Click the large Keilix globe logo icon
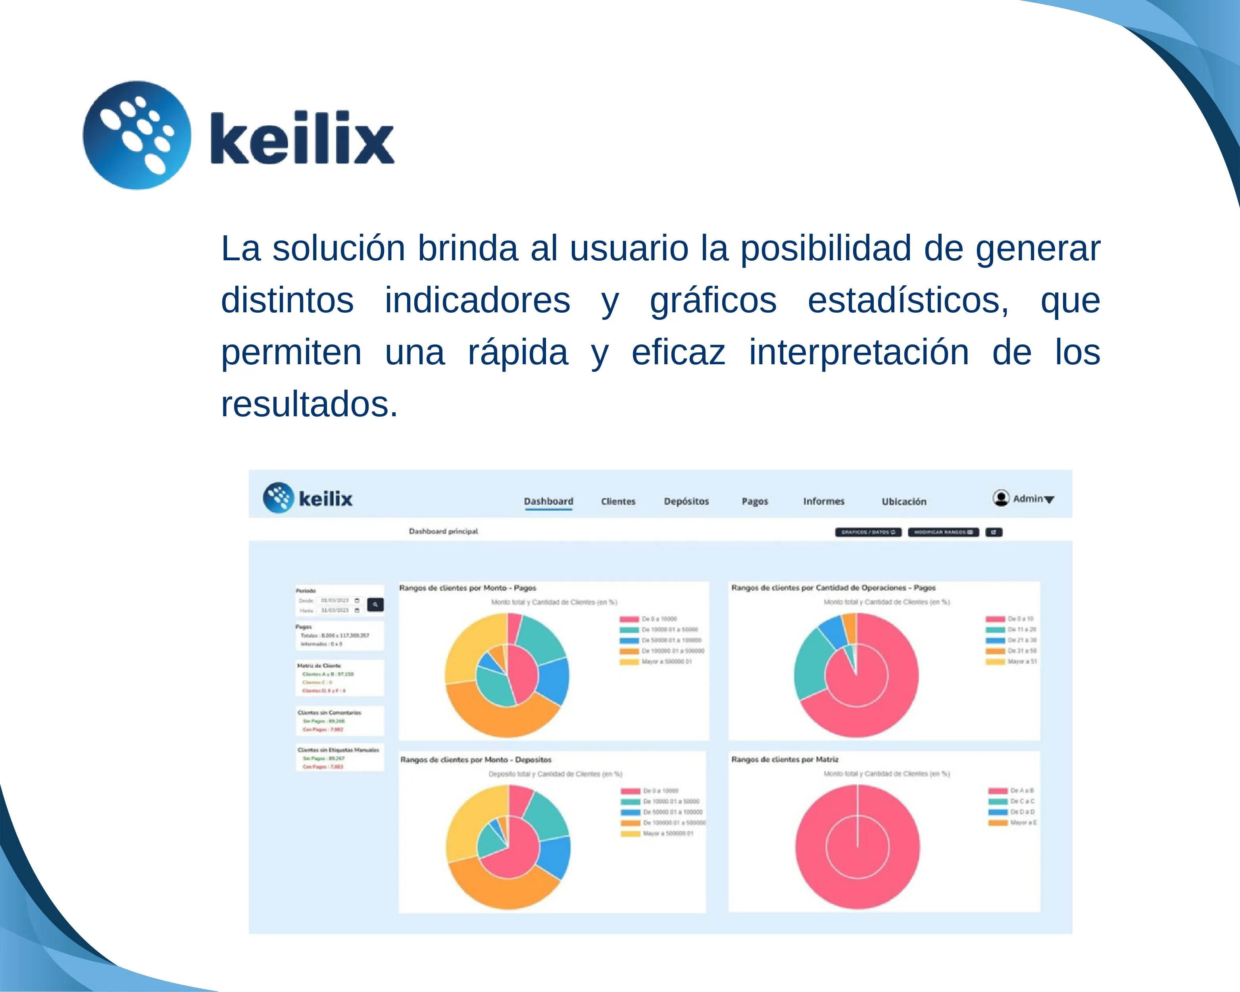[137, 135]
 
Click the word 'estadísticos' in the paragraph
[907, 300]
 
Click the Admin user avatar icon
[1001, 498]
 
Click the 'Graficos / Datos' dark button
[868, 532]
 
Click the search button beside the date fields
[375, 604]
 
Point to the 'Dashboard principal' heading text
[443, 531]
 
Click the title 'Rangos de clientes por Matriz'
[784, 759]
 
